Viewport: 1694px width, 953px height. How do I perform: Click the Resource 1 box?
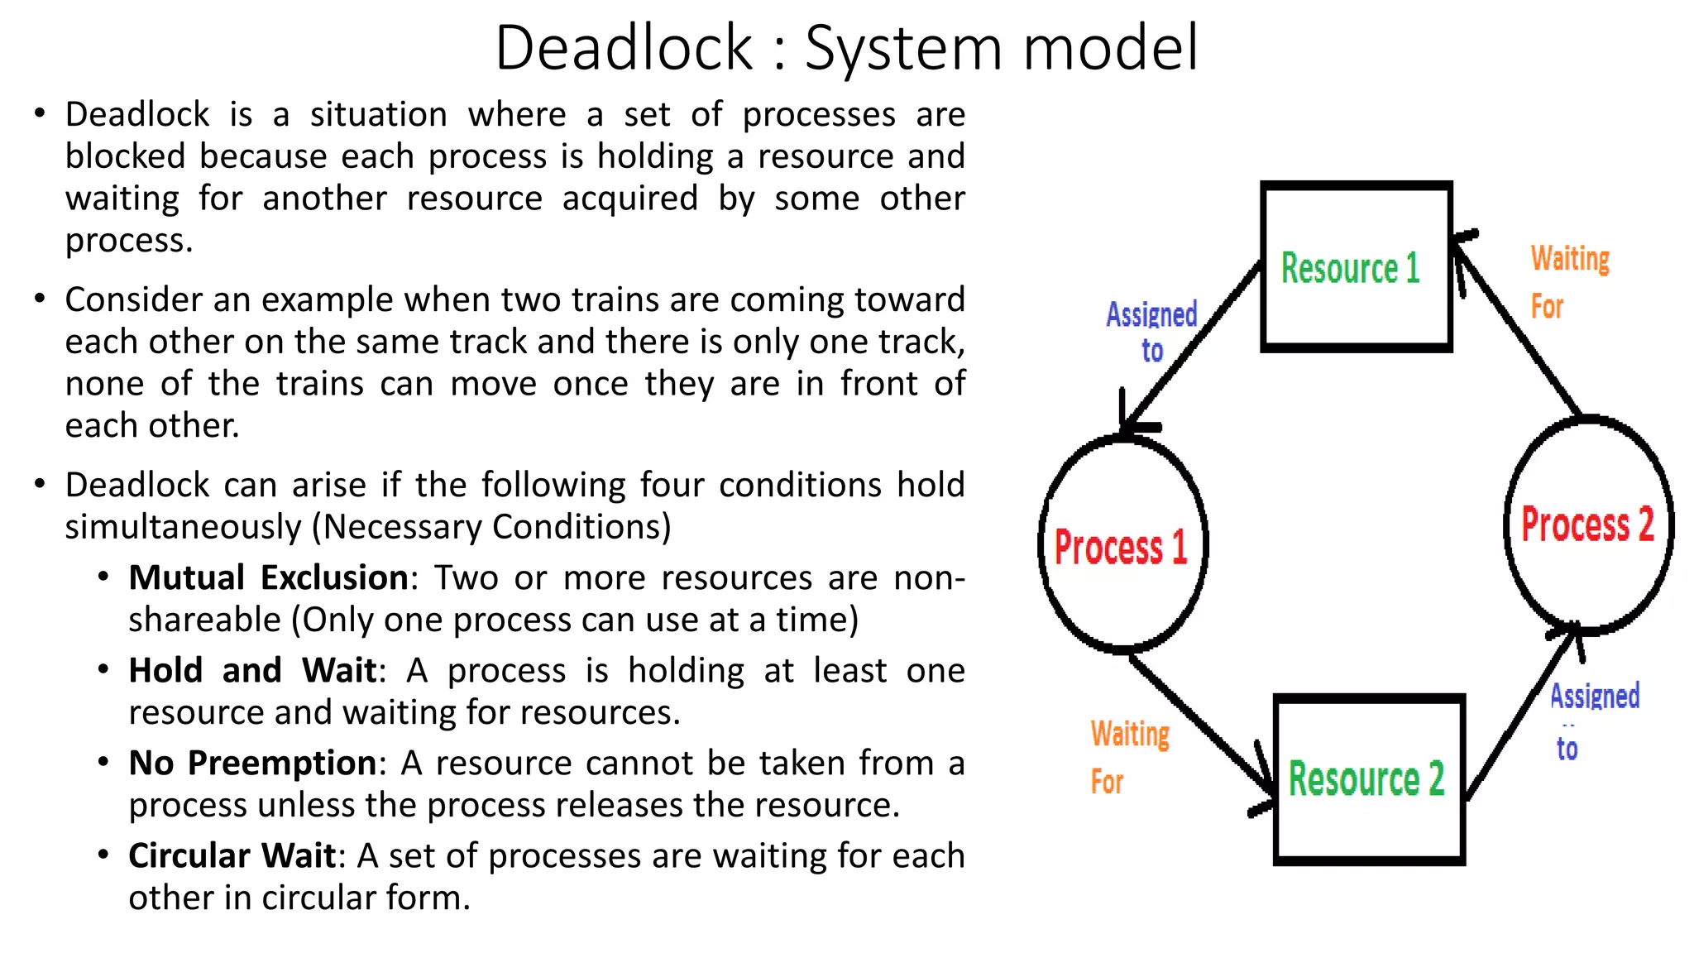[x=1356, y=266]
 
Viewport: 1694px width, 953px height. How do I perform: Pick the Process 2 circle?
[x=1588, y=524]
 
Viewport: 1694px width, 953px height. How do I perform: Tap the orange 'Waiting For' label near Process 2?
[x=1569, y=281]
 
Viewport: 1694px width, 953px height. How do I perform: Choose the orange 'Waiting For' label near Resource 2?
[x=1129, y=757]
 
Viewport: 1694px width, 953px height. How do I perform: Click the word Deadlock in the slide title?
[x=624, y=48]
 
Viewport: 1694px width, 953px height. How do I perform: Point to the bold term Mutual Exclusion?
[x=268, y=577]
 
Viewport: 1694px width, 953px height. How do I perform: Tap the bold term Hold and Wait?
[x=252, y=670]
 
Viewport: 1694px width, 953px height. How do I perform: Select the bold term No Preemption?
[x=252, y=763]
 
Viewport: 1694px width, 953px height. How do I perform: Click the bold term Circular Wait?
[x=232, y=855]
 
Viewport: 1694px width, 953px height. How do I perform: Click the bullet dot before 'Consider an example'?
[x=39, y=298]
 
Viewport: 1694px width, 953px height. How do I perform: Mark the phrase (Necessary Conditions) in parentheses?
[x=491, y=527]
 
